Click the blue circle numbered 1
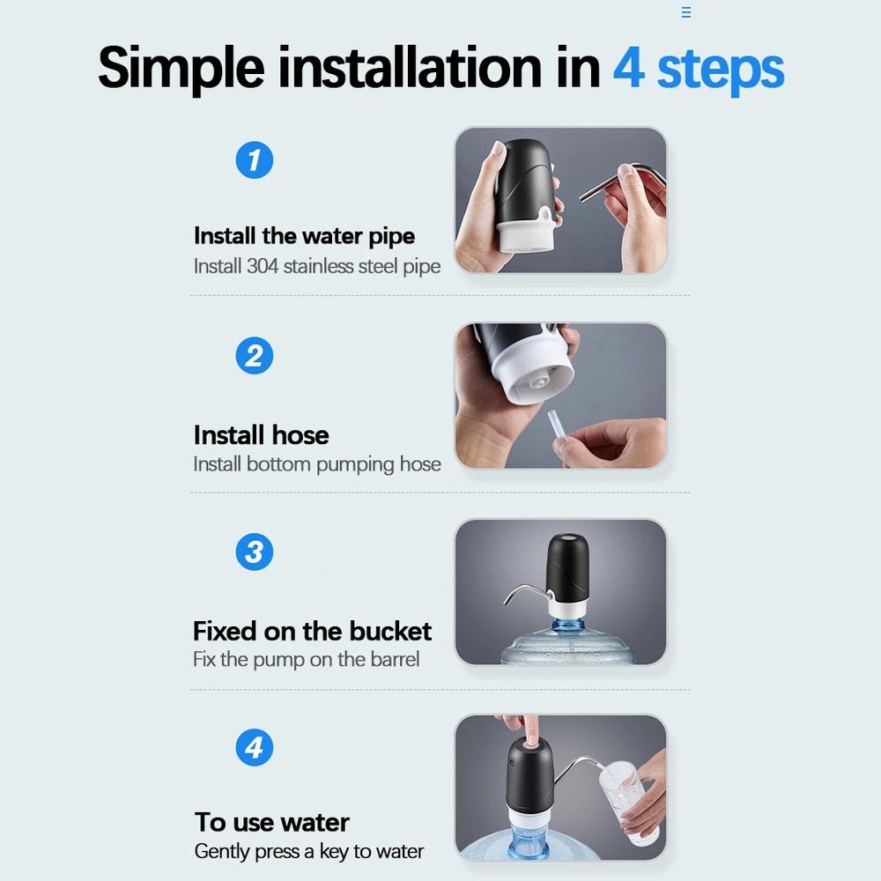coord(254,160)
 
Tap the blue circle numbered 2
coord(254,356)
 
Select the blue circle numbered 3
coord(254,552)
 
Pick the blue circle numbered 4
coord(254,747)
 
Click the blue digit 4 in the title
coord(629,68)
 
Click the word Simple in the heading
coord(181,69)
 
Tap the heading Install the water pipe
coord(304,236)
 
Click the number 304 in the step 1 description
coord(263,266)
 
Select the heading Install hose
coord(262,435)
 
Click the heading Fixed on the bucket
coord(312,631)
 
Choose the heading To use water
coord(272,823)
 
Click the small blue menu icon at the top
coord(686,12)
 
